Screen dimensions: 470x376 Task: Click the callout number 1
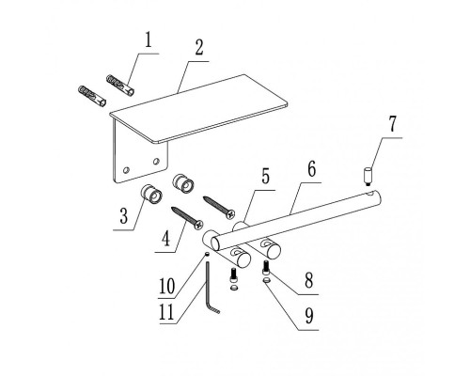click(x=149, y=40)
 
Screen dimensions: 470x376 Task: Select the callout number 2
click(x=199, y=48)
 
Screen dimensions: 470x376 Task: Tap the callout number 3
click(x=124, y=216)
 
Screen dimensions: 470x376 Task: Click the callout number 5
click(x=265, y=177)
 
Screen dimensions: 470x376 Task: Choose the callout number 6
click(x=311, y=169)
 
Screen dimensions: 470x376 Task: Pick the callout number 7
click(x=393, y=123)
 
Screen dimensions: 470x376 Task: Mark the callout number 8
click(x=309, y=280)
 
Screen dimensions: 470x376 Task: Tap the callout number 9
click(x=309, y=316)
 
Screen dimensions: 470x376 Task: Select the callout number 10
click(x=166, y=286)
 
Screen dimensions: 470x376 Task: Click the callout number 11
click(x=166, y=312)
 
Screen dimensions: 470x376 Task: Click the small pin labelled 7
click(x=368, y=177)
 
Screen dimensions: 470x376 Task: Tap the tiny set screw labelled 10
click(x=207, y=255)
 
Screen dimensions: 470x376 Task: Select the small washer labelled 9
click(x=267, y=280)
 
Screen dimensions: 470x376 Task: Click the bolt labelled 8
click(x=266, y=268)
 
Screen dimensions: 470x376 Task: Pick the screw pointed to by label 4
click(x=187, y=217)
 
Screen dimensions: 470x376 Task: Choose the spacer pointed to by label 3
click(x=151, y=194)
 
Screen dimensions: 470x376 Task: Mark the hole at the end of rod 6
click(x=371, y=195)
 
